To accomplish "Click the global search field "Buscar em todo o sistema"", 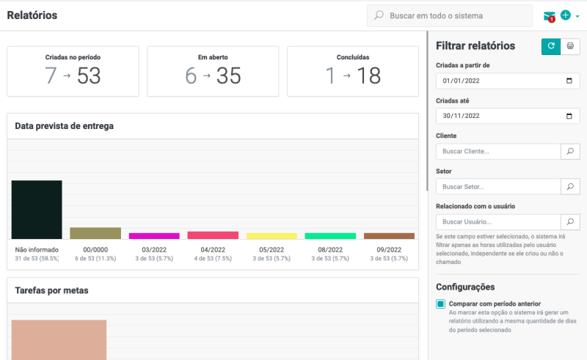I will (455, 15).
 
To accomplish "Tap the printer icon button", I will (570, 46).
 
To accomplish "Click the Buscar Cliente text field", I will (497, 151).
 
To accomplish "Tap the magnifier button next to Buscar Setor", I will (570, 186).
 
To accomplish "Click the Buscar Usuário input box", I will (497, 221).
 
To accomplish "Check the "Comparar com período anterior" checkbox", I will (441, 304).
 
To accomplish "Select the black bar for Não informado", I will (37, 209).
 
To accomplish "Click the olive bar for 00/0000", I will (95, 233).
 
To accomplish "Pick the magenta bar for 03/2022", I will (154, 235).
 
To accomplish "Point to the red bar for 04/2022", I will (213, 235).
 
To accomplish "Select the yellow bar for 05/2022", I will (271, 235).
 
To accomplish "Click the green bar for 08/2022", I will (330, 235).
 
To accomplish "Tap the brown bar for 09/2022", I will (389, 235).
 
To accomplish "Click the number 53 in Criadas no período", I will (89, 76).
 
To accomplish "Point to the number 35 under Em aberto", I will (229, 76).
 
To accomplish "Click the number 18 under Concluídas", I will (368, 76).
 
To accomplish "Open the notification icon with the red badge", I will (550, 16).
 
